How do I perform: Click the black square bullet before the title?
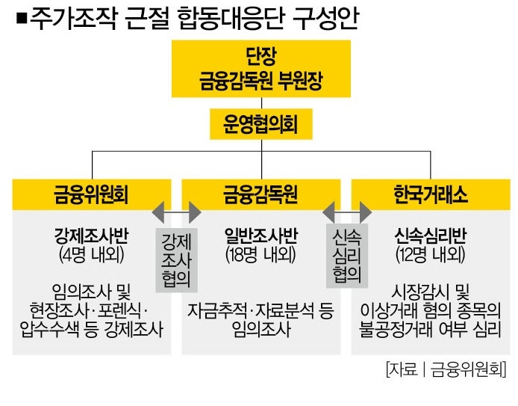pyautogui.click(x=22, y=19)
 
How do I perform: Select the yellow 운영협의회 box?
pyautogui.click(x=261, y=124)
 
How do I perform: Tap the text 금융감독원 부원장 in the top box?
pyautogui.click(x=260, y=81)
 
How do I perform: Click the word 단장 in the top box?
pyautogui.click(x=261, y=56)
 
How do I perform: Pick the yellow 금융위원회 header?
pyautogui.click(x=92, y=194)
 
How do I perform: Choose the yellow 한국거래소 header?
pyautogui.click(x=431, y=194)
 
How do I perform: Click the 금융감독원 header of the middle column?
pyautogui.click(x=261, y=194)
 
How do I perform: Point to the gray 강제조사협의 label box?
pyautogui.click(x=176, y=260)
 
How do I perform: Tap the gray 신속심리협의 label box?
pyautogui.click(x=347, y=256)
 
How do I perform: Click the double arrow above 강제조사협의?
pyautogui.click(x=176, y=212)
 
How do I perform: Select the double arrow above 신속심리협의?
pyautogui.click(x=347, y=212)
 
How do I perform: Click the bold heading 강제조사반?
pyautogui.click(x=91, y=236)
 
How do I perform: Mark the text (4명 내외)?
pyautogui.click(x=92, y=254)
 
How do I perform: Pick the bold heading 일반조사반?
pyautogui.click(x=261, y=236)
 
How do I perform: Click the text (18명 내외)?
pyautogui.click(x=260, y=254)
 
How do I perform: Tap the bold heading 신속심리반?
pyautogui.click(x=431, y=236)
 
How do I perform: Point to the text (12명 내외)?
pyautogui.click(x=431, y=254)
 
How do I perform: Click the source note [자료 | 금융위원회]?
pyautogui.click(x=446, y=369)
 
